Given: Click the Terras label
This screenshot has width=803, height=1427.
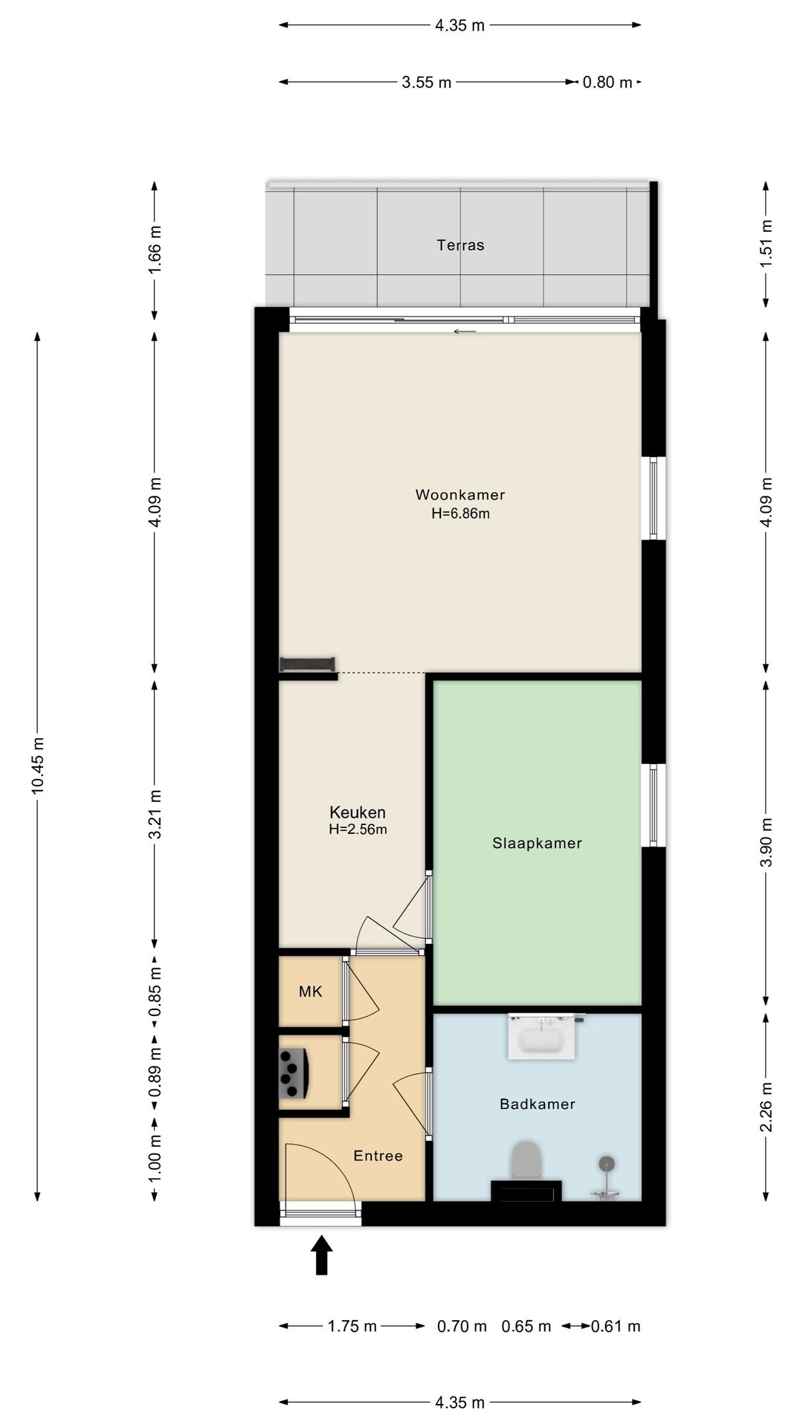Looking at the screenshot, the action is tap(460, 245).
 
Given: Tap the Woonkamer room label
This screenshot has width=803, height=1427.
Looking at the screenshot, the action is tap(460, 495).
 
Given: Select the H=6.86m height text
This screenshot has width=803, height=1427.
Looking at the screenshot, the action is tap(460, 514).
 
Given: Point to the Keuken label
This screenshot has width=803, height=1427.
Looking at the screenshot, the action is tap(358, 812).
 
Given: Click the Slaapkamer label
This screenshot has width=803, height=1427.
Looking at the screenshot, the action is tap(537, 844).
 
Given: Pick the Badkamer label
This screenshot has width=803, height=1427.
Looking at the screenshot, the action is tap(538, 1104).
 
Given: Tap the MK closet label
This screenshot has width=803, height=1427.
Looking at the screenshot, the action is tap(311, 991).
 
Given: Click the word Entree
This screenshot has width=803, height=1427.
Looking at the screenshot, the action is tap(378, 1156).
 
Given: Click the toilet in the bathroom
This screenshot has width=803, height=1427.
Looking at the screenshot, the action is tap(527, 1160).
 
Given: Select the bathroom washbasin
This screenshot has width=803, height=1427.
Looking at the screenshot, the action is tap(542, 1036).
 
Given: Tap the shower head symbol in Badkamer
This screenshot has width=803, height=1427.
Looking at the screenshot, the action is tap(608, 1163).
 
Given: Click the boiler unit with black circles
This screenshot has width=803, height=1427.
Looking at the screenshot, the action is tap(293, 1072).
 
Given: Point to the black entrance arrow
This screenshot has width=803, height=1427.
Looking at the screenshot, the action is tap(321, 1255).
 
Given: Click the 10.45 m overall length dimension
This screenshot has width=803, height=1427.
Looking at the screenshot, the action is tap(38, 766).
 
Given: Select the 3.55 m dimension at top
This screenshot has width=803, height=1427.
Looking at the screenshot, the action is tap(427, 82).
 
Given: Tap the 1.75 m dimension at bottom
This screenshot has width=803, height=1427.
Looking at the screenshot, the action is tap(352, 1326).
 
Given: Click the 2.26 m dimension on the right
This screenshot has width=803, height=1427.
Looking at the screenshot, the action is tap(767, 1107).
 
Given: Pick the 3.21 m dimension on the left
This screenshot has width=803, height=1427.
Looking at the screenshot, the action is tap(155, 814).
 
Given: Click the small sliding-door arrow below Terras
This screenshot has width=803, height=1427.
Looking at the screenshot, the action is tap(465, 331).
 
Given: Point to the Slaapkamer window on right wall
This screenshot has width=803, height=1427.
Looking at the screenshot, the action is tap(654, 806).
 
